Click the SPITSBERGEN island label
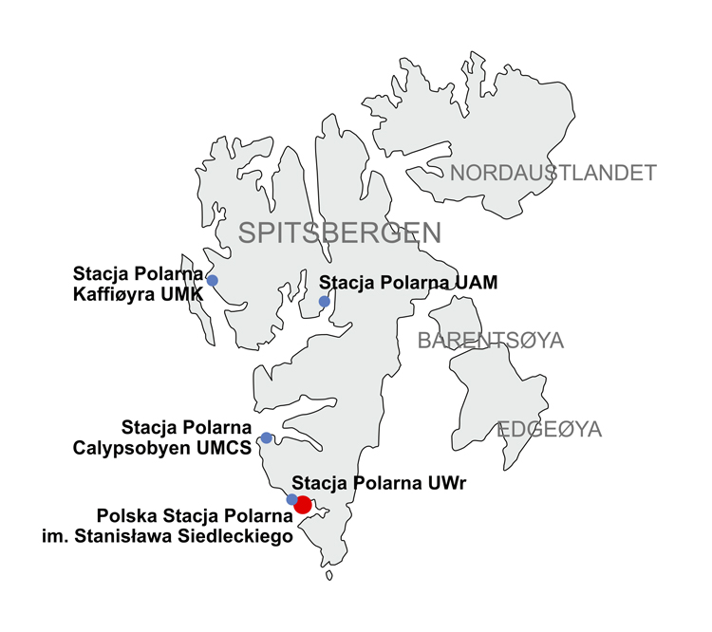(x=339, y=232)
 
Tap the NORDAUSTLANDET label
(x=553, y=173)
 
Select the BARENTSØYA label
(x=491, y=341)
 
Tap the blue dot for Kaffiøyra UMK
(x=213, y=280)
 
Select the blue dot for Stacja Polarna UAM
(x=324, y=302)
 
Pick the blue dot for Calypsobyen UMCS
(x=267, y=438)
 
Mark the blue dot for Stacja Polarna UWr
(x=291, y=499)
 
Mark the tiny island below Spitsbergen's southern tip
(x=328, y=575)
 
